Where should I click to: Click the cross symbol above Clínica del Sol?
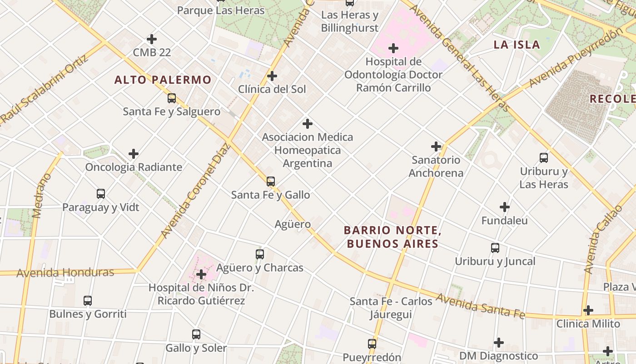click(272, 76)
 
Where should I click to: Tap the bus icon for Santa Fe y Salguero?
click(172, 98)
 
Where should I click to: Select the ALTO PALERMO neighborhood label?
click(163, 80)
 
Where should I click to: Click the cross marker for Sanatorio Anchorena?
click(436, 147)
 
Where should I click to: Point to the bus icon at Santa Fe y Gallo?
click(271, 182)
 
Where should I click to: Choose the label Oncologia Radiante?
click(134, 167)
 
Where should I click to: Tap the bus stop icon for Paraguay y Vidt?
click(101, 194)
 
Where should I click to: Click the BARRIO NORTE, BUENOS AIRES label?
click(393, 237)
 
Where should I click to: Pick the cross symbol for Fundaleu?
click(505, 207)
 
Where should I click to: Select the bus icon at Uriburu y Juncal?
click(495, 248)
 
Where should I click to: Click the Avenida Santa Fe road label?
click(481, 306)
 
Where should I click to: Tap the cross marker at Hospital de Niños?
click(201, 274)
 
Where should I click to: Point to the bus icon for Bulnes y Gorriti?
click(88, 301)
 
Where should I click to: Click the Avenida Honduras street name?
click(65, 273)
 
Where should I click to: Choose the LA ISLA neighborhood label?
click(517, 45)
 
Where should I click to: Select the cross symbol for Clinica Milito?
click(588, 310)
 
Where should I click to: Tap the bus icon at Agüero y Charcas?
click(260, 254)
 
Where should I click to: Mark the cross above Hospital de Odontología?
click(393, 48)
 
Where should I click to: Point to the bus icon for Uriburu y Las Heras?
click(544, 158)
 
